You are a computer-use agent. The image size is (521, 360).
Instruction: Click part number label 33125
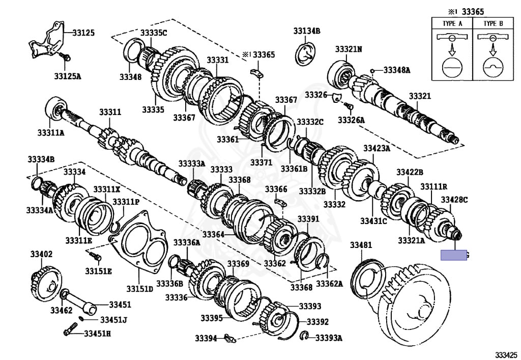pyautogui.click(x=83, y=33)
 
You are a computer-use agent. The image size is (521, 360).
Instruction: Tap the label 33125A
pyautogui.click(x=68, y=77)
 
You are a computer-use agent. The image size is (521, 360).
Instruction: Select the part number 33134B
pyautogui.click(x=306, y=31)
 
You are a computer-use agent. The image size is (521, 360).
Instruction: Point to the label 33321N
pyautogui.click(x=349, y=49)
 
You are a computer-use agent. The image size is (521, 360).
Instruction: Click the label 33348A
pyautogui.click(x=396, y=70)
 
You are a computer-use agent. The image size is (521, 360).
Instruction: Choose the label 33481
pyautogui.click(x=361, y=245)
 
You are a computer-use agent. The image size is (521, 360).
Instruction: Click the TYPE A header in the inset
pyautogui.click(x=451, y=23)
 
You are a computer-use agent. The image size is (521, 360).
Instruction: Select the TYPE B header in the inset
pyautogui.click(x=493, y=23)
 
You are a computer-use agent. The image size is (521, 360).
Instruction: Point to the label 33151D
pyautogui.click(x=140, y=289)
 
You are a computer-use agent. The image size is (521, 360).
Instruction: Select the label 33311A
pyautogui.click(x=51, y=133)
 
